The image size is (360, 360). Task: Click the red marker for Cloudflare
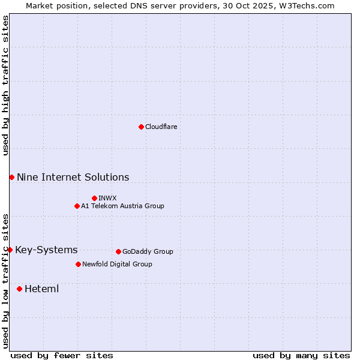tap(141, 127)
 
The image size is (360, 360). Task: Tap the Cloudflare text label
tap(161, 127)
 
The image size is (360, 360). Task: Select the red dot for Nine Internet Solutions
tap(11, 177)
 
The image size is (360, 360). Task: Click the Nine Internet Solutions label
tap(73, 177)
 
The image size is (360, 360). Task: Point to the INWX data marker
tap(94, 198)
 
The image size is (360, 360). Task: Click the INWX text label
tap(107, 198)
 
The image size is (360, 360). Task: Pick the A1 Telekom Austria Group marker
tap(77, 206)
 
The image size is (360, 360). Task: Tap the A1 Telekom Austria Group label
tap(122, 206)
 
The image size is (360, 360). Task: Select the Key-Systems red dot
tap(10, 250)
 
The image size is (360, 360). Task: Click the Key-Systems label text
tap(46, 250)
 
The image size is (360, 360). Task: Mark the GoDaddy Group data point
tap(118, 251)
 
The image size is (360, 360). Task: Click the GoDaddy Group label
tap(148, 251)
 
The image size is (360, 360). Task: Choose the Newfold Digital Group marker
tap(78, 264)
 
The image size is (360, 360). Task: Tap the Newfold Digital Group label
tap(117, 264)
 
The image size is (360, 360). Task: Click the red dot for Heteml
tap(19, 289)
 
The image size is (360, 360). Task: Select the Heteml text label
tap(41, 289)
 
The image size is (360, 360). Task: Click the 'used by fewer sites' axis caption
tap(62, 355)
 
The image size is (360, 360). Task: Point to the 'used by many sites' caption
tap(301, 355)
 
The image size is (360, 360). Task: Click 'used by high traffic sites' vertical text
tap(5, 85)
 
